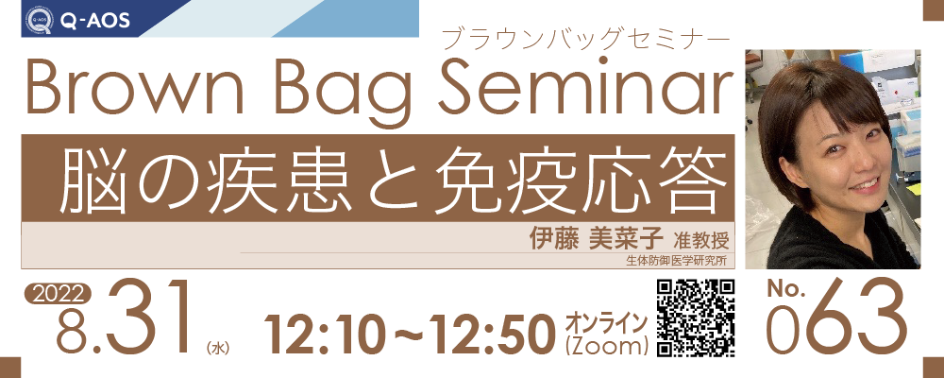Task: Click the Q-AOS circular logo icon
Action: point(40,21)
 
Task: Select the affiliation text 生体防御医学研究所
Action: point(676,261)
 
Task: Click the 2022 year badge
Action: point(58,294)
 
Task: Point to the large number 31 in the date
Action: point(147,318)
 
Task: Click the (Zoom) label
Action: point(607,347)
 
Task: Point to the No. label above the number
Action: point(785,290)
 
